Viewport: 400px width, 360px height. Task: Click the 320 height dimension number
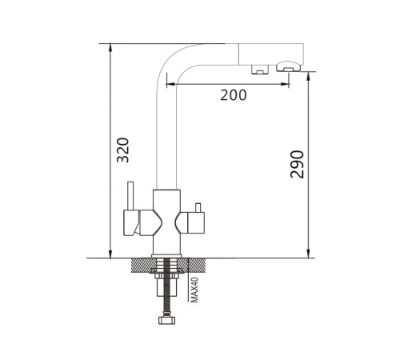(123, 150)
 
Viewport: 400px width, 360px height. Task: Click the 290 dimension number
(297, 164)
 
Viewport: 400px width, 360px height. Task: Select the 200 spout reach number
(234, 95)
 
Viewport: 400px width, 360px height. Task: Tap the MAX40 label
(195, 290)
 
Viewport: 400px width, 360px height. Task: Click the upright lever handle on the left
(130, 196)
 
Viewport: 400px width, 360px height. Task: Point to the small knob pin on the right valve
(198, 207)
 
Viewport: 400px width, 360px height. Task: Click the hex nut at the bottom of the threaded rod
(166, 320)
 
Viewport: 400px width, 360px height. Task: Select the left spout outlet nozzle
(259, 69)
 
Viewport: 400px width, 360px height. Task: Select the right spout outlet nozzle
(288, 66)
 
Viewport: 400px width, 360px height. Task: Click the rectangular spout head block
(271, 54)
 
